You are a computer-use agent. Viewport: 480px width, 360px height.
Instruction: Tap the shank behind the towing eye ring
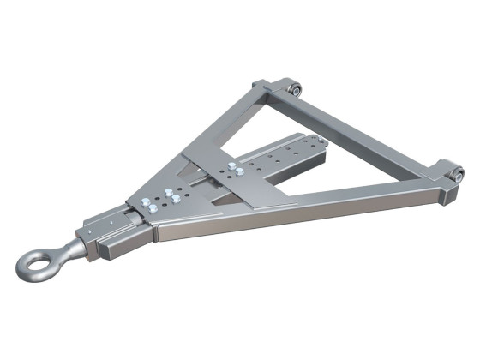pyautogui.click(x=72, y=249)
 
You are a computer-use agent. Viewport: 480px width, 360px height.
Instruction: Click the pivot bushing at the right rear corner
pyautogui.click(x=456, y=174)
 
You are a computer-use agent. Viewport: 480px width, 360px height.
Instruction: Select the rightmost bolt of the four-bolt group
pyautogui.click(x=177, y=199)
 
